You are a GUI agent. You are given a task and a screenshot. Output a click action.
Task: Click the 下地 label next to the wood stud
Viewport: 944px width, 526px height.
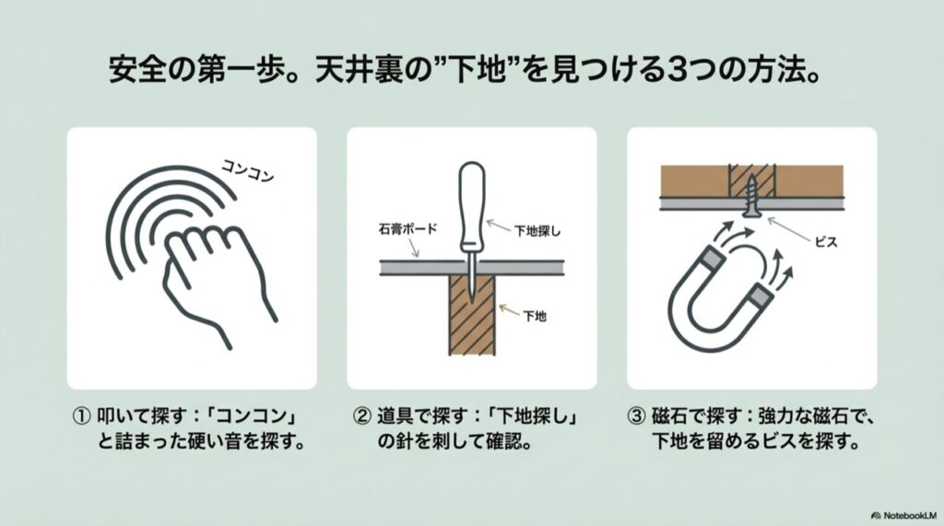pos(535,317)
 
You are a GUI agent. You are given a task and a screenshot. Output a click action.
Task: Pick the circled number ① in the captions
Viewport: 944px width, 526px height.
pos(80,415)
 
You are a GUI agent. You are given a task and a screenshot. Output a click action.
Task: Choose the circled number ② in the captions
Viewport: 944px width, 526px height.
pos(362,415)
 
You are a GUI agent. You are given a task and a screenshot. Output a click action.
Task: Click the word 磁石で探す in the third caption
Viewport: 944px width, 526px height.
pos(690,415)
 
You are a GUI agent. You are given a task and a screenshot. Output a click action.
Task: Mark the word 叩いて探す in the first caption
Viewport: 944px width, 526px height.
pos(135,415)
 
